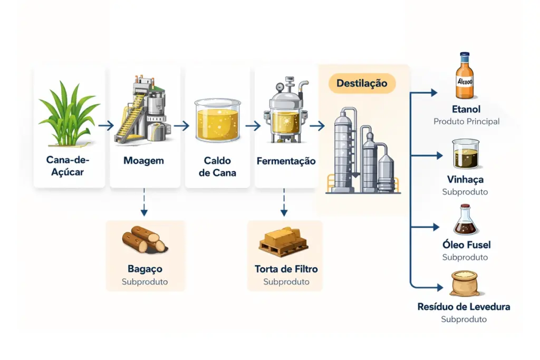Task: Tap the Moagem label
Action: coord(143,160)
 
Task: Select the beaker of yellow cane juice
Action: coord(217,121)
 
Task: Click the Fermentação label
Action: coord(286,161)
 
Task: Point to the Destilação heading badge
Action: coord(362,83)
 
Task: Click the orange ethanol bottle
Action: coord(465,76)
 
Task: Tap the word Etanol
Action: coord(466,110)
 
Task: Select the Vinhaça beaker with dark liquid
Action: coord(466,154)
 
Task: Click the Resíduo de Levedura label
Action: coord(464,307)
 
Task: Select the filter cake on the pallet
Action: coord(284,240)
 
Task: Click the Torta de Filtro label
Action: coord(286,269)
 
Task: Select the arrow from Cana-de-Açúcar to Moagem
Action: coord(106,126)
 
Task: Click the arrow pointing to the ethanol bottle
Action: coord(427,93)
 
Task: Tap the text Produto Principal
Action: coord(466,121)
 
